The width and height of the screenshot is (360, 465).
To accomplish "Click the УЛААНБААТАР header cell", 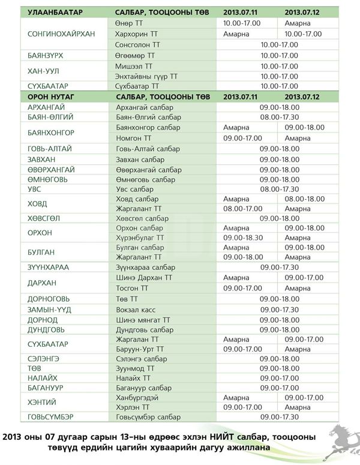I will coord(55,13).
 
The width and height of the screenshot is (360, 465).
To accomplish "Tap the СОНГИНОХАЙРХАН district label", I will coord(61,34).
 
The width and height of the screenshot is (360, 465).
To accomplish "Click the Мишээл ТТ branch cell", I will coord(134,66).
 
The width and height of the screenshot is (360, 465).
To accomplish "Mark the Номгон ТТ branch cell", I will coord(133,138).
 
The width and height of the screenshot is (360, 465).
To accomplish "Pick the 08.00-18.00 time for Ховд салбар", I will coord(304,199).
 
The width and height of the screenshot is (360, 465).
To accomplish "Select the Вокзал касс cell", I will coord(136,310).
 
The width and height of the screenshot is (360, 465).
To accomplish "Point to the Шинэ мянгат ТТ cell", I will coord(143,320).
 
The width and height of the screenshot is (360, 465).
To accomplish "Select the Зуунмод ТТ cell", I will coord(135,368).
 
